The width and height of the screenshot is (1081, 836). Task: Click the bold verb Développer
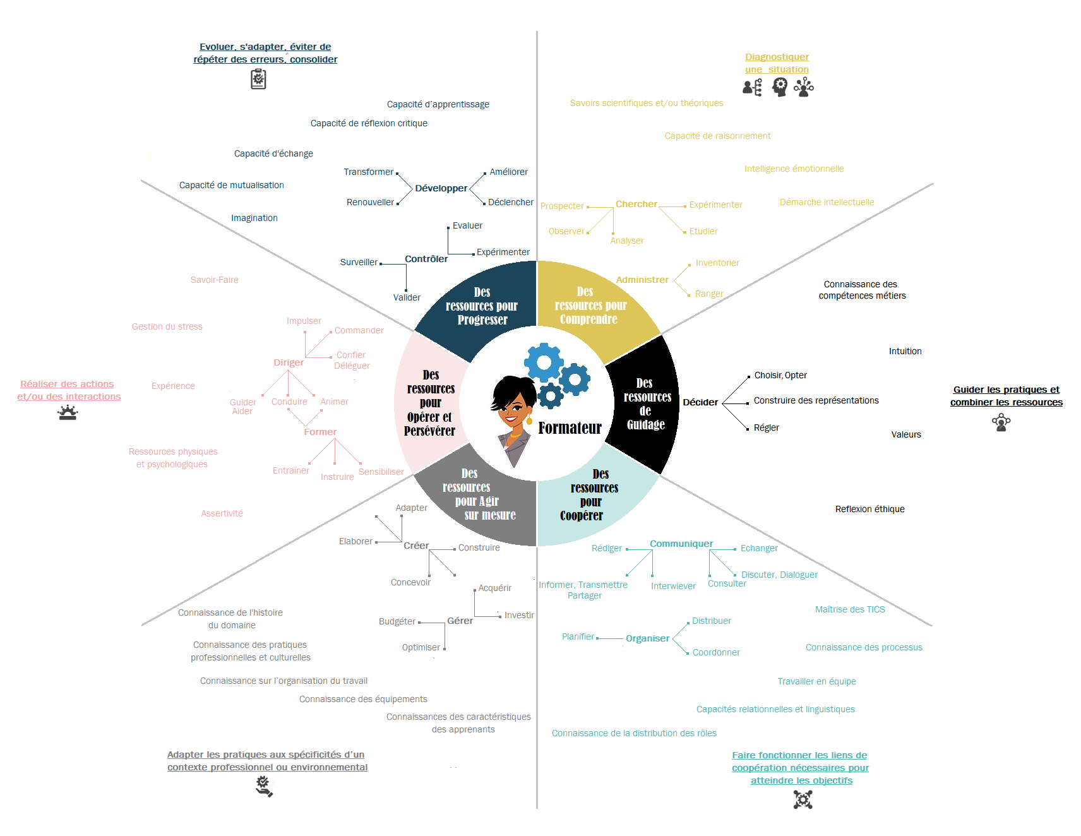pos(441,188)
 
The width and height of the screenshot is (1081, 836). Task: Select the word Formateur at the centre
pos(570,428)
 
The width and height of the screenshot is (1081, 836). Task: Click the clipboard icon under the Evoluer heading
pos(258,79)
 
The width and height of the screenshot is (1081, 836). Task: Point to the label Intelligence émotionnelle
pos(794,169)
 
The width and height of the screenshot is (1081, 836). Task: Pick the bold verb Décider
pos(700,402)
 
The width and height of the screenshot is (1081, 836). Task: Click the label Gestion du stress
pos(167,326)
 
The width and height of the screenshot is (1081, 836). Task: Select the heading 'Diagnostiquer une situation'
pos(777,63)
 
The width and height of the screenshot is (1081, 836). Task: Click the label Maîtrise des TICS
pos(850,609)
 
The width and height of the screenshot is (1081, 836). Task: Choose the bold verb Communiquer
pos(681,544)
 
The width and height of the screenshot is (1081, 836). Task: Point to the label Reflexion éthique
pos(869,509)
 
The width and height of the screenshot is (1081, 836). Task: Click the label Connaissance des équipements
pos(363,699)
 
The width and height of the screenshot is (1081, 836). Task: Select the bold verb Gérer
pos(460,621)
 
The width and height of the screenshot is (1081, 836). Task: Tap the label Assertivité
pos(222,513)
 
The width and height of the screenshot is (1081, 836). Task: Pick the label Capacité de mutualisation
pos(231,185)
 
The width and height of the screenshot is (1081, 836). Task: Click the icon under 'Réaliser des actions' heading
pos(68,413)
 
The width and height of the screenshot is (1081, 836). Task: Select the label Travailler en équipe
pos(816,681)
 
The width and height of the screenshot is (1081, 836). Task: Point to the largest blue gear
pos(543,362)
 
